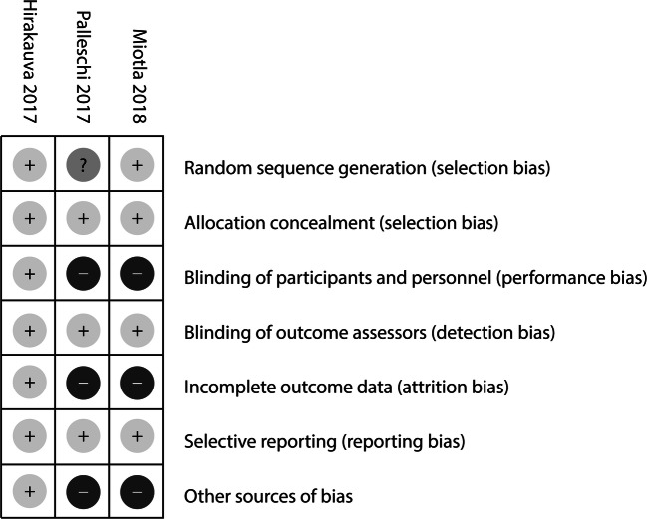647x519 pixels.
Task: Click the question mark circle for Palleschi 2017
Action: click(82, 166)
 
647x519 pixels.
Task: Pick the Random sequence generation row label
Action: click(367, 167)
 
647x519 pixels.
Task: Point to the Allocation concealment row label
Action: click(341, 221)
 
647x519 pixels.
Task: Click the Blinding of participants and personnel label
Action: click(416, 276)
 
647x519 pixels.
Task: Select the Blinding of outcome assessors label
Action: click(369, 331)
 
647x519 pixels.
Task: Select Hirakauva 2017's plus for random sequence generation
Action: click(28, 166)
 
